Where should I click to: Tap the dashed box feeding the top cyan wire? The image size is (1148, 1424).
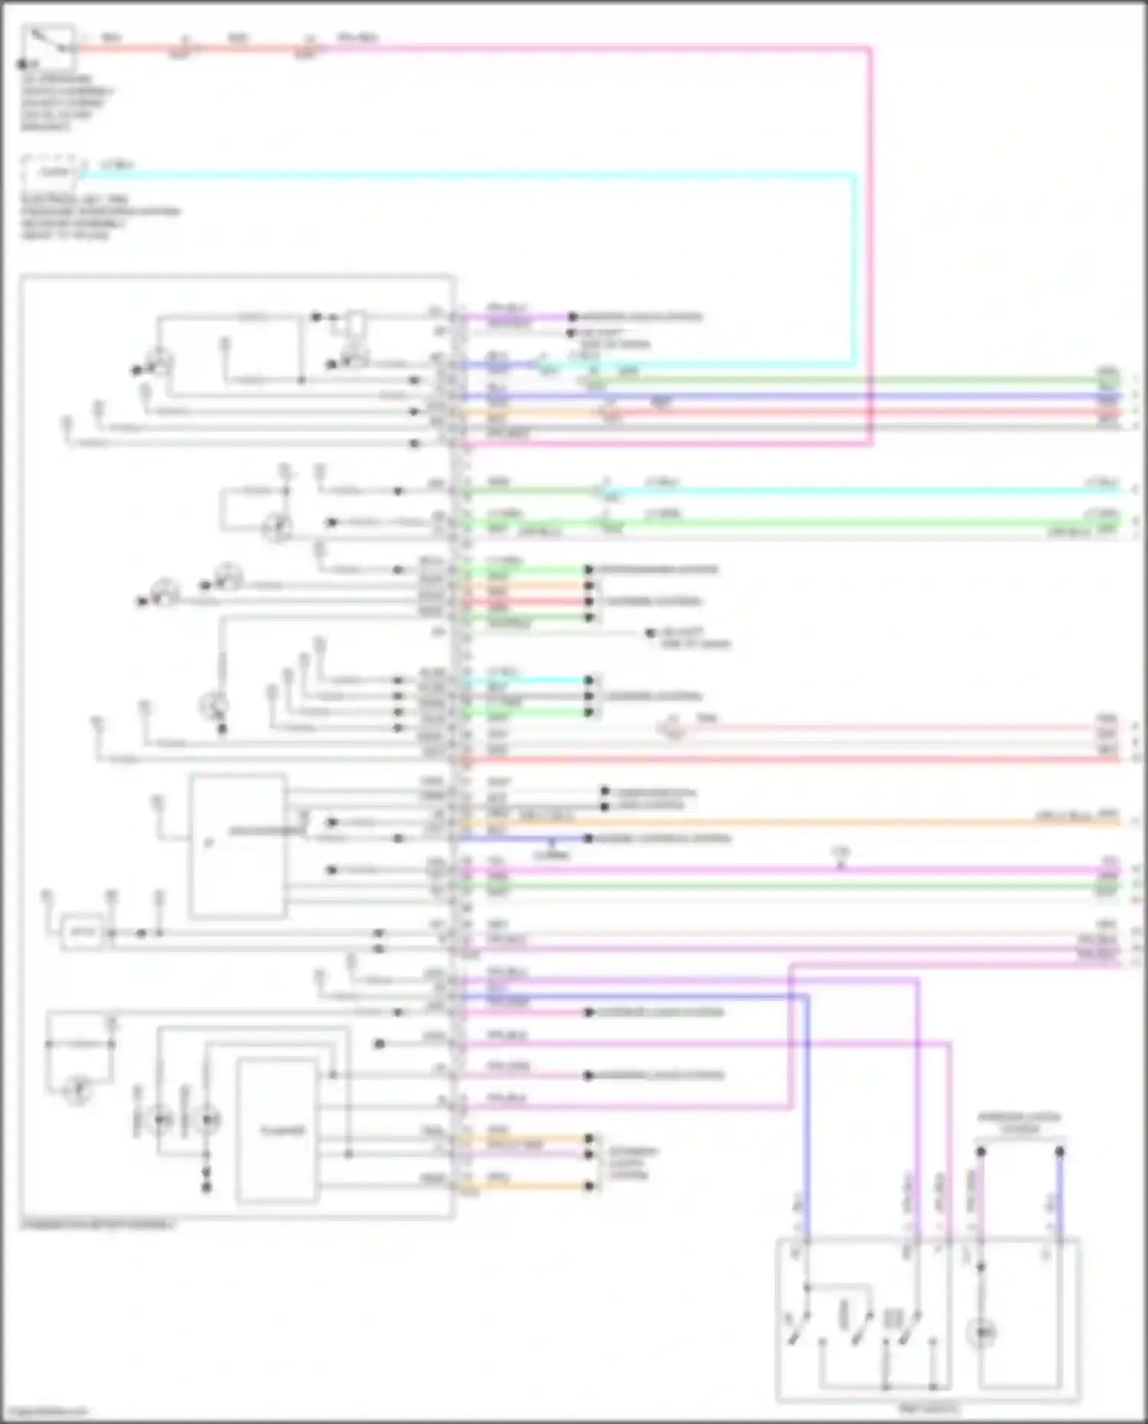(x=52, y=172)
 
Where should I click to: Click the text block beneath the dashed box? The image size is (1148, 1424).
(x=99, y=217)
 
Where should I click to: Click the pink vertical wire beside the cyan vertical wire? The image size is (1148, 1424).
(x=870, y=230)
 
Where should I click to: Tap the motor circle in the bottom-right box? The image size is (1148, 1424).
(x=982, y=1334)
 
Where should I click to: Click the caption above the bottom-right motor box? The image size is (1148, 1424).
(x=1019, y=1123)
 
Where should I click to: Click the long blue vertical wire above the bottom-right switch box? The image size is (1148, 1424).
(x=806, y=1110)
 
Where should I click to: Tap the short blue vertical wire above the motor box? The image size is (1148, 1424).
(x=1060, y=1194)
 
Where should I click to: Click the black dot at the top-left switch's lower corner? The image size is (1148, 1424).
(x=23, y=64)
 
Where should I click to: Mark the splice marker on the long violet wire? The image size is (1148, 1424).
(x=840, y=865)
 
